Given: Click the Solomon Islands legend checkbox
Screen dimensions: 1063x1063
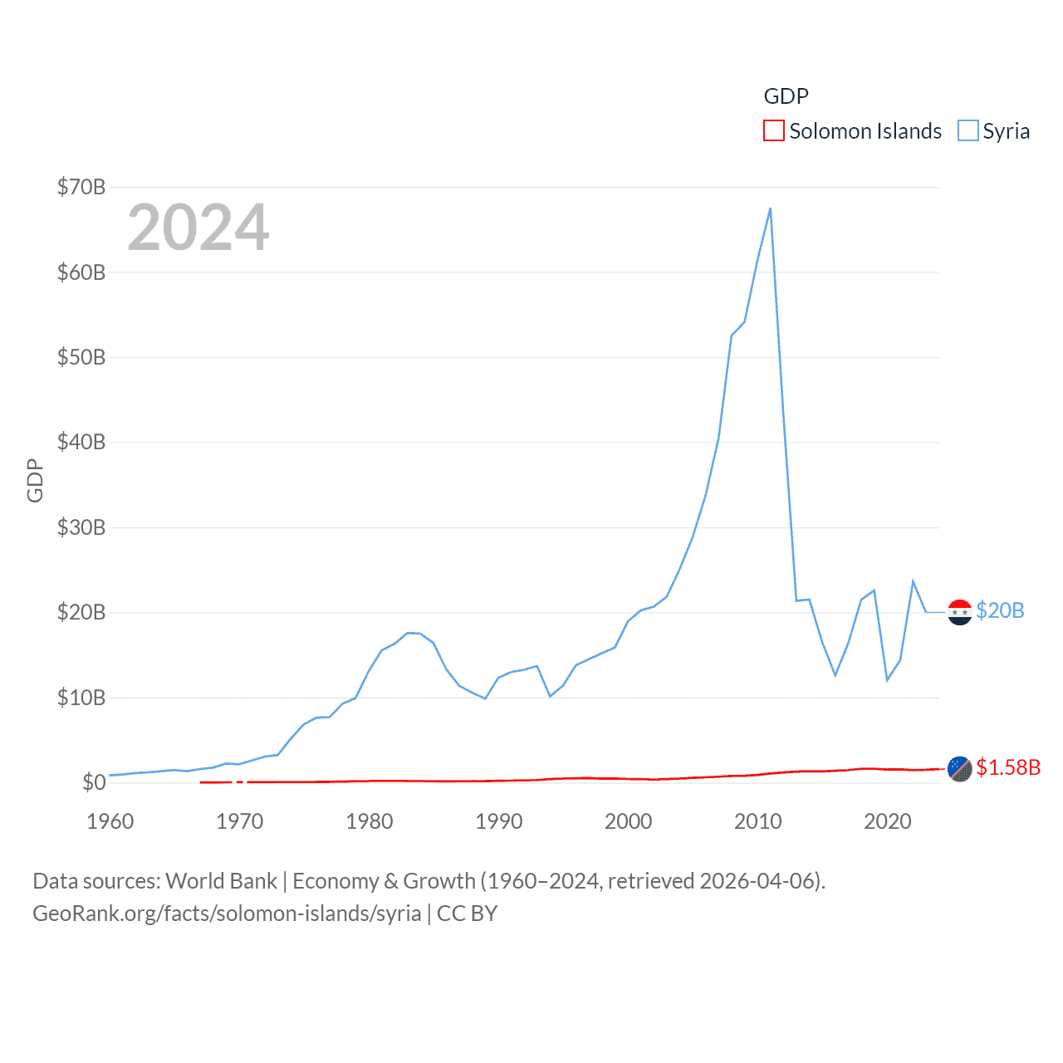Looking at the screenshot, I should tap(773, 131).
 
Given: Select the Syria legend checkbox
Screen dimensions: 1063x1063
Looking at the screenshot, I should tap(967, 131).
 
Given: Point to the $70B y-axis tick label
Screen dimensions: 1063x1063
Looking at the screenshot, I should tap(81, 187).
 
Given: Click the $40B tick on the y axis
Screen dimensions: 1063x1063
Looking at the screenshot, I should tap(81, 442).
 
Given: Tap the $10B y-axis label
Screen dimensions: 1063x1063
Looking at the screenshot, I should tap(81, 698).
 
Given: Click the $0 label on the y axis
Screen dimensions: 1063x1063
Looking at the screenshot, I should tap(94, 782).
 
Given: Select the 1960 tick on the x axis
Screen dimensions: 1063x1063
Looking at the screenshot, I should tap(110, 821).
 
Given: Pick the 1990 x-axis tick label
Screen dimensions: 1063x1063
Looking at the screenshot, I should tap(499, 821).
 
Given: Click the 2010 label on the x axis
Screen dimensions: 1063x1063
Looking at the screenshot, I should tap(758, 821).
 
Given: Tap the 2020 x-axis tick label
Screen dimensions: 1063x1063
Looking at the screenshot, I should tap(888, 821).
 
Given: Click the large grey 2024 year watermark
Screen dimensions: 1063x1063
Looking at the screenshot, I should tap(198, 228).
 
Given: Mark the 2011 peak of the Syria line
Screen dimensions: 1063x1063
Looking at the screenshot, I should tap(771, 208).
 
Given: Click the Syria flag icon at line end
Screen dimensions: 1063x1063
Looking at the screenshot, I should tap(960, 612).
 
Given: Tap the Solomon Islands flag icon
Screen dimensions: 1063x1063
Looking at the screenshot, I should tap(960, 769).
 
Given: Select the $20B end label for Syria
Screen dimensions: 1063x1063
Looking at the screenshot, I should tap(1000, 610).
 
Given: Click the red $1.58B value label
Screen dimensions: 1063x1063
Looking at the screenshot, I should tap(1008, 767).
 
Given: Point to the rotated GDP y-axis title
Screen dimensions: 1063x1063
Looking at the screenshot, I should tap(35, 480).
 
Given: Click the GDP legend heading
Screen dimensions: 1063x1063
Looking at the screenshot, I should tap(786, 96).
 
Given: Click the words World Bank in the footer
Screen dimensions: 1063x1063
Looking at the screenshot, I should tap(221, 880).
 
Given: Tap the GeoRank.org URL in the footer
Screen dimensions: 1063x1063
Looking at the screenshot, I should tap(227, 914).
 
